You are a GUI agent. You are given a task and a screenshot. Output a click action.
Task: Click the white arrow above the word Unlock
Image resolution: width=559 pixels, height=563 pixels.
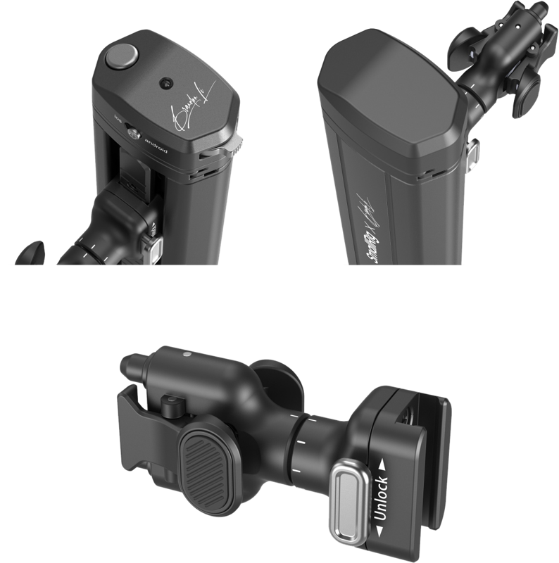[383, 464]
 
